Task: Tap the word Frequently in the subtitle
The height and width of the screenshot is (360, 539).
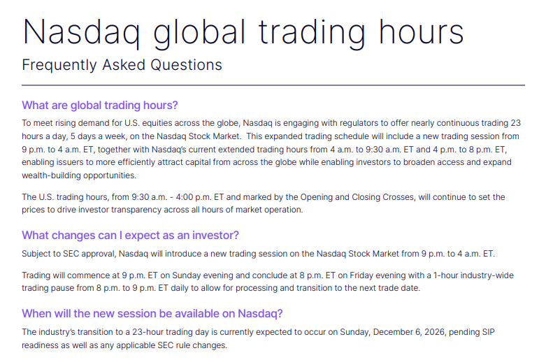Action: tap(59, 65)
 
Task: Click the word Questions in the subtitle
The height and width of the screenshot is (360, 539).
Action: tap(187, 64)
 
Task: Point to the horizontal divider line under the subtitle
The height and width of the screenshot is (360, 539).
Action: tap(273, 85)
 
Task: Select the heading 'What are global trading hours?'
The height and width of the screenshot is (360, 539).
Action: tap(100, 106)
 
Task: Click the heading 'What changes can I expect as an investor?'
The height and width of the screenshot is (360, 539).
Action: tap(130, 236)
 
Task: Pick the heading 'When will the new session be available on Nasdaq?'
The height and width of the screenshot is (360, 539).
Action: tap(152, 314)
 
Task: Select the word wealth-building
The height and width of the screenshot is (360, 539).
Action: tap(51, 175)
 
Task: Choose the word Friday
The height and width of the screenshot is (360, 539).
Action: tap(360, 275)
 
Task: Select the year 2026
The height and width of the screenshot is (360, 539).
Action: tap(435, 332)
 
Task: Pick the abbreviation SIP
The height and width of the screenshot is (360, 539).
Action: tap(489, 332)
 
